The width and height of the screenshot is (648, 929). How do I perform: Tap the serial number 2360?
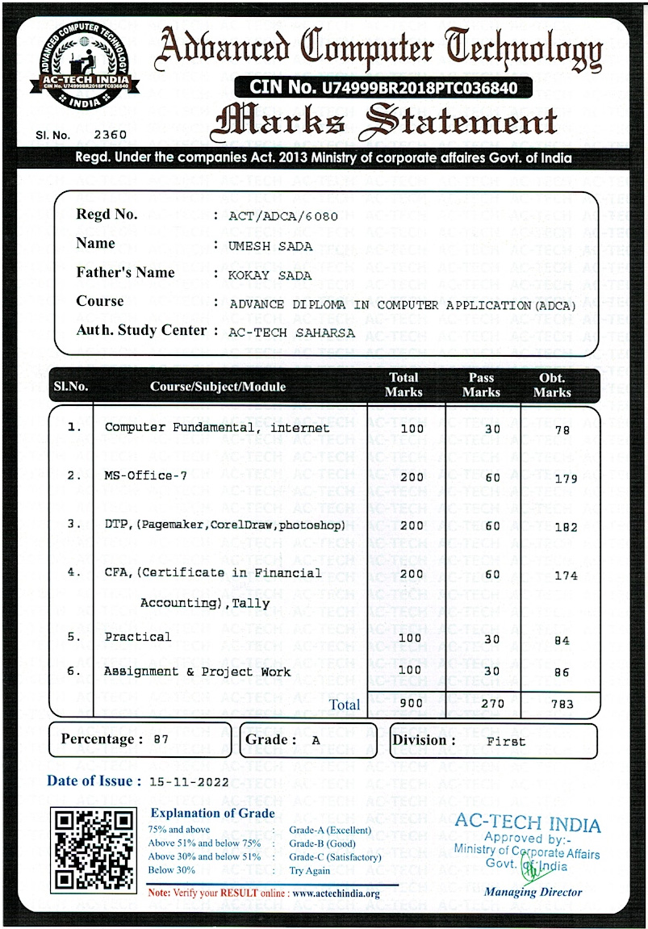click(111, 135)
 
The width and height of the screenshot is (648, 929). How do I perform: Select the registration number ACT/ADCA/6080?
click(283, 216)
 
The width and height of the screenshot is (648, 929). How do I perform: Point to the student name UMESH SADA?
click(270, 246)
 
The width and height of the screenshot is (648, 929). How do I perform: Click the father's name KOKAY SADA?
click(270, 275)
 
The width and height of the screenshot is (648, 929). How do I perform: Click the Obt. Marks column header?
click(552, 385)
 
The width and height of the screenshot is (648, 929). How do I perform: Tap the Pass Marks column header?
click(481, 385)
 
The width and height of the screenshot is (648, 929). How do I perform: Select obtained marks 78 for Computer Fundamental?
click(562, 430)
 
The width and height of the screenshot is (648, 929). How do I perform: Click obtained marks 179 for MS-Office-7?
click(566, 479)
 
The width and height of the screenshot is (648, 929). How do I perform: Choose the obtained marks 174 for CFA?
click(566, 575)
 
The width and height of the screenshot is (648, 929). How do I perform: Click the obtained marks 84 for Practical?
click(562, 640)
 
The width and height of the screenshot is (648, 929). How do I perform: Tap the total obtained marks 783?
click(562, 704)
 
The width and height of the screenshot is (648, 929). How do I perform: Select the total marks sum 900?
click(412, 703)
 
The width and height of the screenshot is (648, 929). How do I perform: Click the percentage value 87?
click(161, 740)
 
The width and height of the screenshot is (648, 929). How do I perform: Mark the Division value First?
click(505, 741)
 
